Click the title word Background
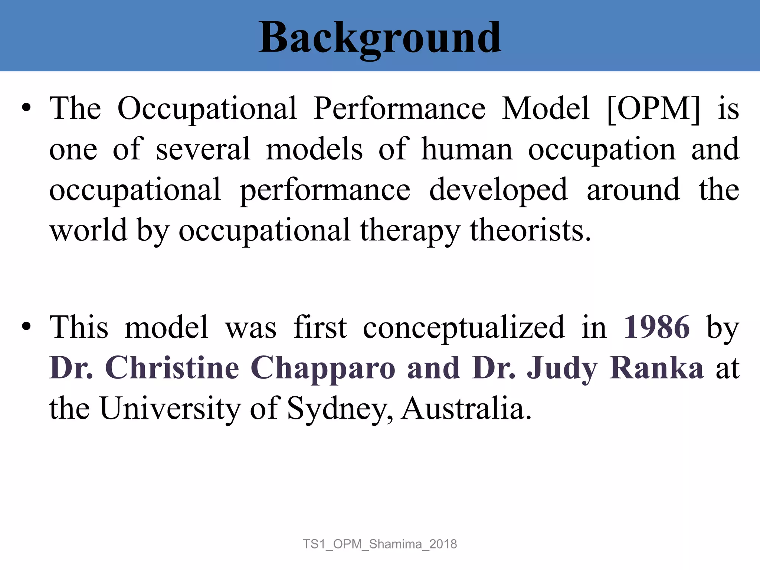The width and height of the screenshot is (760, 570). coord(380,38)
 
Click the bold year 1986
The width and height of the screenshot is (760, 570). coord(656,327)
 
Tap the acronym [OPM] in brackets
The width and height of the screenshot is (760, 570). coord(653,108)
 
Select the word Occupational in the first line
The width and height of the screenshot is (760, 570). coord(207,108)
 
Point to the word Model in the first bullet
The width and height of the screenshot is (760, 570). coord(546,108)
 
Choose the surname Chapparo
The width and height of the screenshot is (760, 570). coord(323,368)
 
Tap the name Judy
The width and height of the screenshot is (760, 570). coord(562,368)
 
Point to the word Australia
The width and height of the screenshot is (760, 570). coord(466,408)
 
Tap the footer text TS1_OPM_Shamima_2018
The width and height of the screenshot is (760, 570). coord(380,544)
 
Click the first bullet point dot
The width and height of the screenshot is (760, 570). coord(26,108)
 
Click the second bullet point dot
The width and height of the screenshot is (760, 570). coord(26,327)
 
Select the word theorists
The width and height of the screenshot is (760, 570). coord(530,230)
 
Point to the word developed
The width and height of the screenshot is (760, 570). coord(498,190)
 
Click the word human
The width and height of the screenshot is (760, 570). coord(467,149)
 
